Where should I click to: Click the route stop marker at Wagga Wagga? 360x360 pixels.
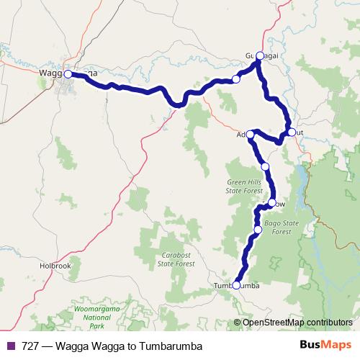point(68,73)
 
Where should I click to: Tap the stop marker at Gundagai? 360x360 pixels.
point(260,55)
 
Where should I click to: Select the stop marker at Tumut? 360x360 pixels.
point(291,132)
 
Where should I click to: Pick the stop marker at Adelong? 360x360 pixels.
point(250,134)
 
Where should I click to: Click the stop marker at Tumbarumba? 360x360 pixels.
point(236,285)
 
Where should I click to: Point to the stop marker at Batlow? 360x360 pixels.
point(272,202)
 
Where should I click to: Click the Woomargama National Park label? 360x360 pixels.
point(94,314)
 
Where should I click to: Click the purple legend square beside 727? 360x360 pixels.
point(9,346)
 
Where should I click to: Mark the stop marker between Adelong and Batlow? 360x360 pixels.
point(265,166)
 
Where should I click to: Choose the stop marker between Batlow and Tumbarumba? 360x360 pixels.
point(258,230)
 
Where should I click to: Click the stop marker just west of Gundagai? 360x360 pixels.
point(236,79)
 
